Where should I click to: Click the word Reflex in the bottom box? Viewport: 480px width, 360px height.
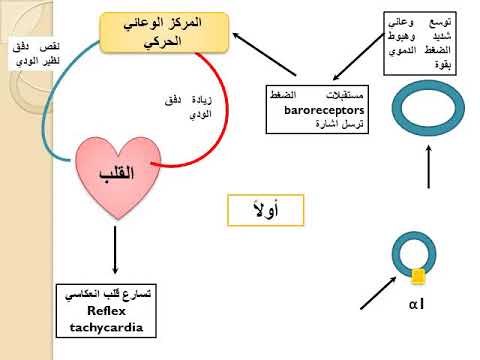[x=106, y=311]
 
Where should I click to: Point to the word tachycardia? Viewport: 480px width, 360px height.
[x=106, y=327]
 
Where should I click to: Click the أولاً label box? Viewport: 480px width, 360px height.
[x=263, y=209]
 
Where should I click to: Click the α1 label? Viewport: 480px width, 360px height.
[x=417, y=303]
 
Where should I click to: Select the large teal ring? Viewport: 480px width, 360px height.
[x=429, y=103]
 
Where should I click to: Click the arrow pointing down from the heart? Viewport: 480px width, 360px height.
[x=115, y=250]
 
